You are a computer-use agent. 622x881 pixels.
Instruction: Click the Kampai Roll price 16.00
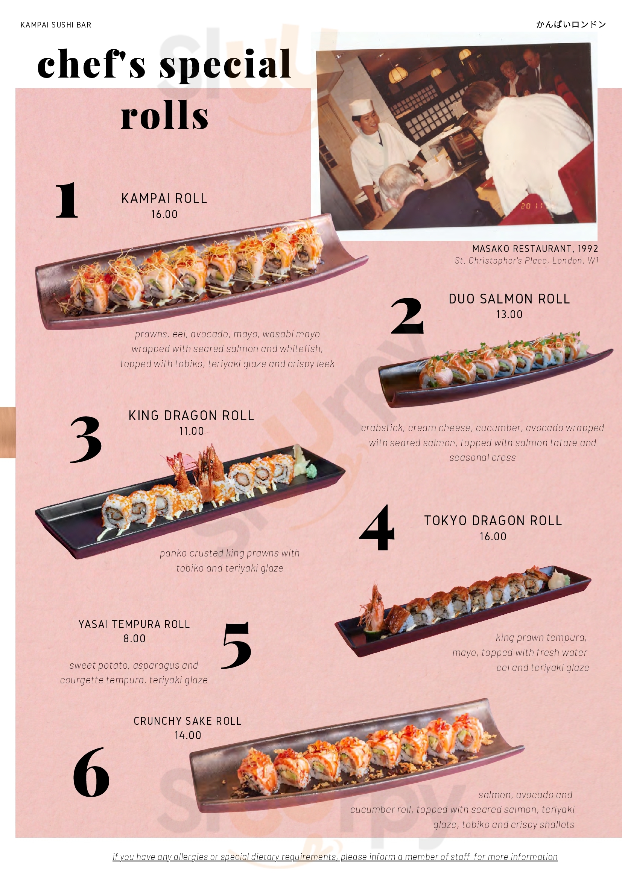coord(164,214)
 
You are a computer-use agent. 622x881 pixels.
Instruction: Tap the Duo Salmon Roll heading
coord(509,299)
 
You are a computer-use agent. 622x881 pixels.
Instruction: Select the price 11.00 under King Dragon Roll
coord(192,431)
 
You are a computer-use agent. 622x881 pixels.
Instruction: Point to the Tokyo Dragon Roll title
coord(493,521)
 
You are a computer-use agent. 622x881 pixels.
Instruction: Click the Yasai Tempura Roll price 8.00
coord(134,639)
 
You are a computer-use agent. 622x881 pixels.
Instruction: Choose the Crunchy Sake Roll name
coord(187,721)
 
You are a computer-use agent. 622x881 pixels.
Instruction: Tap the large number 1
coord(67,200)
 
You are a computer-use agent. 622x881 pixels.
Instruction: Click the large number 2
coord(407,316)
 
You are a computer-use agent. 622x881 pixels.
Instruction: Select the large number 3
coord(86,440)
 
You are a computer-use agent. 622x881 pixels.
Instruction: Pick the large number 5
coord(236,645)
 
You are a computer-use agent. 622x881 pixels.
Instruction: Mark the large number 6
coord(91,772)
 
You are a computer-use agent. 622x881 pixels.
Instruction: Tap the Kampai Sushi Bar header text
coord(56,25)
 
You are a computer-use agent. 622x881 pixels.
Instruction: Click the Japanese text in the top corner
coord(571,24)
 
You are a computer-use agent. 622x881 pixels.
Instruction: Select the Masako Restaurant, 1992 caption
coord(535,248)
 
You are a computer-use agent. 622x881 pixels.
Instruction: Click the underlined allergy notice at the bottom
coord(335,857)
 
